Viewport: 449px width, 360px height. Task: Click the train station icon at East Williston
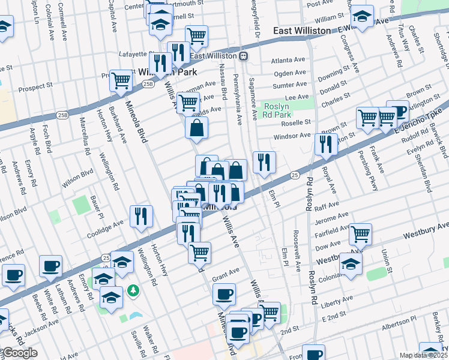244,56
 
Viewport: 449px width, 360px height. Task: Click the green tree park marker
133,291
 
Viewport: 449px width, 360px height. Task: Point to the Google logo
19,353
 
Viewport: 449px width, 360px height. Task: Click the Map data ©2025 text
423,355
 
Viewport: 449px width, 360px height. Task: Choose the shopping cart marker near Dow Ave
360,235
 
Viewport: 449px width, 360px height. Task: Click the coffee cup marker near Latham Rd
50,266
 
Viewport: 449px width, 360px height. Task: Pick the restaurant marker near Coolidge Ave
141,216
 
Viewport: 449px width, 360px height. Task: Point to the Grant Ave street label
226,272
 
